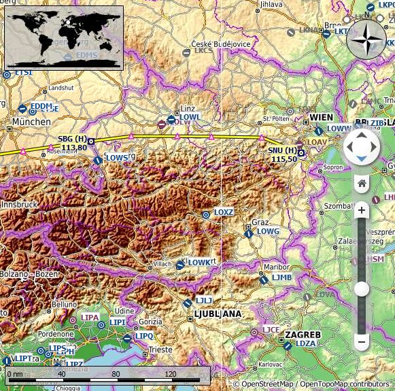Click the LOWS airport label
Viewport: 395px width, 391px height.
[x=117, y=158]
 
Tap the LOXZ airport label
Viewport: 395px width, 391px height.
[x=224, y=212]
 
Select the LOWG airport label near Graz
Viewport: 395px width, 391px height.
[x=268, y=232]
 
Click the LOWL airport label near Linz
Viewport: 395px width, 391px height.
[x=190, y=117]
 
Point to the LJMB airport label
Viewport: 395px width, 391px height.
[x=281, y=277]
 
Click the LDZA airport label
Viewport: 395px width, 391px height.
[x=306, y=343]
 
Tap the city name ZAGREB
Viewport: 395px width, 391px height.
[x=303, y=335]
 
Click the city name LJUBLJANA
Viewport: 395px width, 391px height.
[x=218, y=313]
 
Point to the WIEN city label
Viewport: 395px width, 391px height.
[x=322, y=117]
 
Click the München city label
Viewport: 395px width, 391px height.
[x=31, y=122]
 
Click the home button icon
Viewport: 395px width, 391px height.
[x=362, y=183]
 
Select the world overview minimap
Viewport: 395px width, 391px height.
[x=63, y=38]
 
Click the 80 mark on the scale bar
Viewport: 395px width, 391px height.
[x=116, y=374]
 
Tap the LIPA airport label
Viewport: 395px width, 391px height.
[x=90, y=318]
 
